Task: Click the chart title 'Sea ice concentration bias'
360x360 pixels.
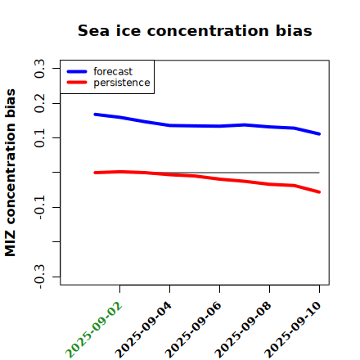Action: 195,30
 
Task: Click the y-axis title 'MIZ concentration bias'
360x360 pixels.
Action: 11,173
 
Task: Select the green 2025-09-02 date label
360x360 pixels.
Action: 93,330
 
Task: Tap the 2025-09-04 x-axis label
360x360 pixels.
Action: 143,330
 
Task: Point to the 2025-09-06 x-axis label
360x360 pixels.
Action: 193,330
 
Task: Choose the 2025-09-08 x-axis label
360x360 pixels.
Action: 243,330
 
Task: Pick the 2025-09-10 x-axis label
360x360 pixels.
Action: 293,330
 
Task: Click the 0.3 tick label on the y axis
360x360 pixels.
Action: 39,69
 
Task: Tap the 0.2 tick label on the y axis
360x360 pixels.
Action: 39,103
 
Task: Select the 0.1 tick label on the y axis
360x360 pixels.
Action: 39,138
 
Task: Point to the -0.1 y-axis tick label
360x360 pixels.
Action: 39,208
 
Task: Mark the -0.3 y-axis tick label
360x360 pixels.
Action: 39,277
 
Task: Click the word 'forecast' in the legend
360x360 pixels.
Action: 113,71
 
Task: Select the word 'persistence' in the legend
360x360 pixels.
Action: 122,83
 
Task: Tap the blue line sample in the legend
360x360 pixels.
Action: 77,71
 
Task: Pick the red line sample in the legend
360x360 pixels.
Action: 77,83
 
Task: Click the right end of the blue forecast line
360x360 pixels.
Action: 319,134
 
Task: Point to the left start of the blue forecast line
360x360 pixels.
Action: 95,115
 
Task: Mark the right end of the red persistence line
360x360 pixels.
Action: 319,192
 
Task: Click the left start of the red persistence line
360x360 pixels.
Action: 95,173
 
